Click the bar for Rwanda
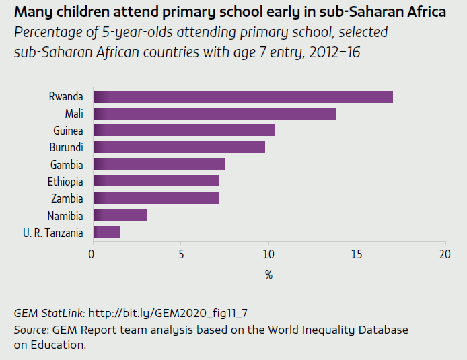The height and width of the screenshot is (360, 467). click(242, 97)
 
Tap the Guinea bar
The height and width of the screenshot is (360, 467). click(184, 131)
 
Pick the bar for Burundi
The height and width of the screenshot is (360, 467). click(178, 147)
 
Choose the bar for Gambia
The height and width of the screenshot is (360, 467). click(158, 164)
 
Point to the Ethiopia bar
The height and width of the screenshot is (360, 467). click(155, 181)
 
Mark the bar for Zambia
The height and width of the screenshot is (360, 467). click(155, 198)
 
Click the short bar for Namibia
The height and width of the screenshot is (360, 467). click(119, 215)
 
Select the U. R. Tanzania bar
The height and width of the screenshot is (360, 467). click(106, 232)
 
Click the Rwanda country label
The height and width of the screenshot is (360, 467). click(66, 97)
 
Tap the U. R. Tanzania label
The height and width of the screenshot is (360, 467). click(53, 233)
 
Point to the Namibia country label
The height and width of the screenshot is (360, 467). click(65, 216)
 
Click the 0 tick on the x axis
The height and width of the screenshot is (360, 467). click(92, 254)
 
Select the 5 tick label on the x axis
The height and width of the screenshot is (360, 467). click(180, 254)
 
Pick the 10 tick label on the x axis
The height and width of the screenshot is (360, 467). click(268, 254)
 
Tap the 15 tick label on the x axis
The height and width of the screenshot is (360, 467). click(357, 254)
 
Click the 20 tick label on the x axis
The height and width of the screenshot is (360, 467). click(444, 254)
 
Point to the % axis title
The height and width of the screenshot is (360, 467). click(268, 275)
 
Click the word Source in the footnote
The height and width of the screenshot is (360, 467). click(29, 330)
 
